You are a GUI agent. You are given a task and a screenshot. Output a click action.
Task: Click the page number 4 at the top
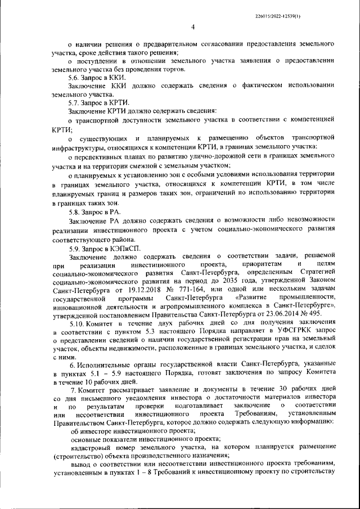[x=193, y=26]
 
